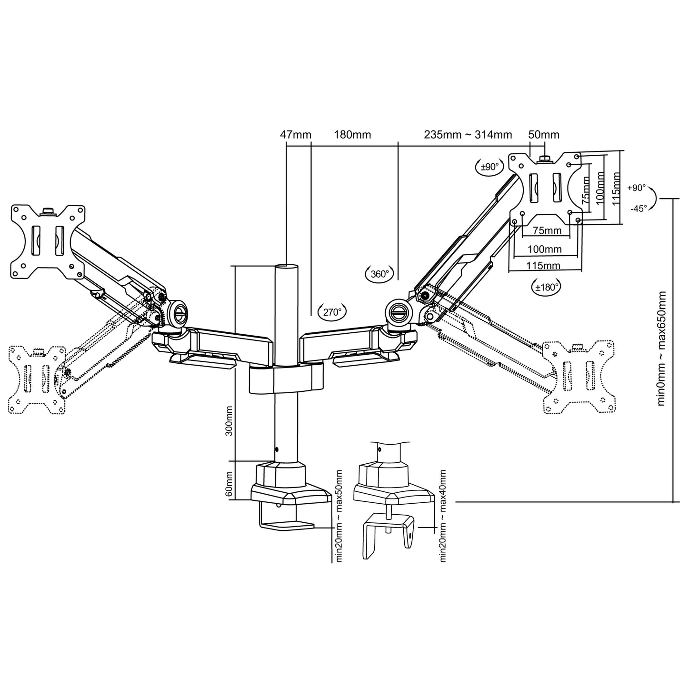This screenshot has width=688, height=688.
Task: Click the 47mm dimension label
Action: point(295,135)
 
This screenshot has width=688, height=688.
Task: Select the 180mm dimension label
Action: point(352,135)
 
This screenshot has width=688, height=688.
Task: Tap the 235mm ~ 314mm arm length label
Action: point(468,135)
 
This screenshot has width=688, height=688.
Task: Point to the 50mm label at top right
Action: point(544,135)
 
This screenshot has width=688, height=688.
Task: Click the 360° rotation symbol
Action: point(380,274)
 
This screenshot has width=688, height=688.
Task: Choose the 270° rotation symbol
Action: point(332,312)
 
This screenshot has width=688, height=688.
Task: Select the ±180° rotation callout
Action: point(546,287)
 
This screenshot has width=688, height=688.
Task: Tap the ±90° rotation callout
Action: point(489,167)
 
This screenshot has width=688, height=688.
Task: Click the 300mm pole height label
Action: point(229,421)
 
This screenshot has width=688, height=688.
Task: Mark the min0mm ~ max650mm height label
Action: point(661,348)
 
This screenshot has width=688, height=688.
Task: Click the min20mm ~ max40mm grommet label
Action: point(443,516)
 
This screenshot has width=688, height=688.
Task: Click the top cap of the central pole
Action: point(287,267)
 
